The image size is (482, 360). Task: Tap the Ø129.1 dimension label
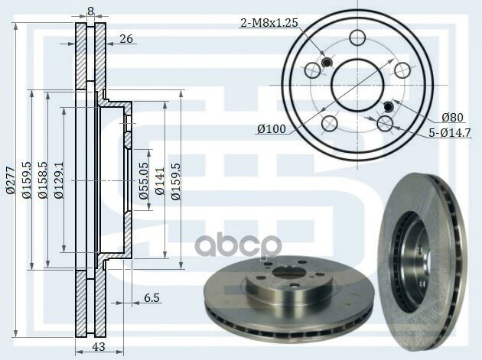tap(60, 180)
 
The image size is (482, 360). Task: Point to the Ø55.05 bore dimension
tap(143, 180)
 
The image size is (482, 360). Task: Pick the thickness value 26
tap(125, 39)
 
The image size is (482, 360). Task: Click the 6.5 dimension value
tap(151, 298)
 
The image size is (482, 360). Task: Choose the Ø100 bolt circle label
tap(271, 129)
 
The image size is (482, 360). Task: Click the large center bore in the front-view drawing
tap(357, 80)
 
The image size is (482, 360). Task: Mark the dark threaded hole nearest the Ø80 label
tap(388, 105)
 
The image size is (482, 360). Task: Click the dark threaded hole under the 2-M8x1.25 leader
tap(326, 62)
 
